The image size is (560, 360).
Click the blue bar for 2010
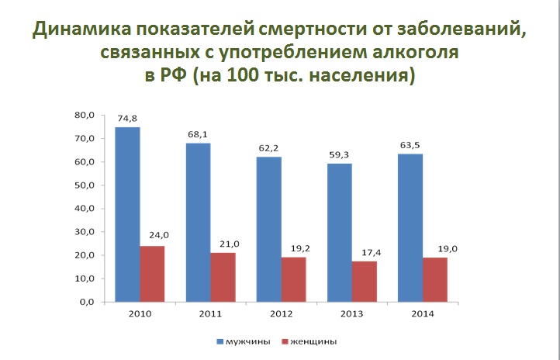[x=128, y=214]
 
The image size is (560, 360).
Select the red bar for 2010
[x=152, y=273]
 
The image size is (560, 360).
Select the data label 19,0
[x=435, y=249]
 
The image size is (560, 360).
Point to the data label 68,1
[x=199, y=135]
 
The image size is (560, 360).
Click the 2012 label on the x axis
[x=282, y=313]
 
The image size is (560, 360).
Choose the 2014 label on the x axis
[x=423, y=313]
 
